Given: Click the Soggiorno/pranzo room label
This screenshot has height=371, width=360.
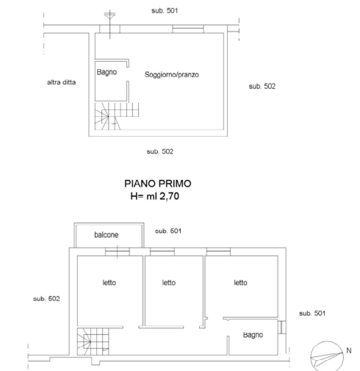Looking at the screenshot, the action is tap(172, 75).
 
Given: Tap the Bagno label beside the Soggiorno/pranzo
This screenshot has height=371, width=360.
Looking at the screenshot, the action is tap(107, 72).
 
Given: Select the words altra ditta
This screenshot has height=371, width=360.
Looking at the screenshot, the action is tap(61, 82).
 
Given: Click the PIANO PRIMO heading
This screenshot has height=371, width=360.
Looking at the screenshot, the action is tap(158, 184).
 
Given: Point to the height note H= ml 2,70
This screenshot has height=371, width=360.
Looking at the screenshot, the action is tap(155, 196).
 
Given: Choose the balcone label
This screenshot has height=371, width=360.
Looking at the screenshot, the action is tap(107, 235).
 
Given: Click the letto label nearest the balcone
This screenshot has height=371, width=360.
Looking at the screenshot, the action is tap(109, 283).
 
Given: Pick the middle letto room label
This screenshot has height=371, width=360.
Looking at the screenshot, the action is tap(169, 283).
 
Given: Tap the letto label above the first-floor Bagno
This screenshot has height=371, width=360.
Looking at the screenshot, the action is tap(240, 283).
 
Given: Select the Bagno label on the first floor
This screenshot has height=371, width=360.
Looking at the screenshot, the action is tap(253, 335).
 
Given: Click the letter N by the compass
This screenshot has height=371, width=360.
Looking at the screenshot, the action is tap(349, 350).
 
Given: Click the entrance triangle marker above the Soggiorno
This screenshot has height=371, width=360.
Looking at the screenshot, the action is tap(109, 16).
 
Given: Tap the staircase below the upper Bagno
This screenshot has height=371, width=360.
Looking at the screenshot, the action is tap(117, 116).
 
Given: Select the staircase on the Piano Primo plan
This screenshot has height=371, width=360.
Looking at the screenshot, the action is tap(93, 342).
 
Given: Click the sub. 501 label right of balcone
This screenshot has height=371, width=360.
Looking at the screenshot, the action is tap(168, 231).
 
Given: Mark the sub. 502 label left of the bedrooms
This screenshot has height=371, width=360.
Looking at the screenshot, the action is tap(46, 299).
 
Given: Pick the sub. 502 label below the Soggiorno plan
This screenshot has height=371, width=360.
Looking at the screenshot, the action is tap(160, 151).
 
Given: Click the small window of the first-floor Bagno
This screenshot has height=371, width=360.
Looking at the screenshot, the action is tap(282, 327).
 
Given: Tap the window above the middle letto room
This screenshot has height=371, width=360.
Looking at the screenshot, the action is tap(162, 252).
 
